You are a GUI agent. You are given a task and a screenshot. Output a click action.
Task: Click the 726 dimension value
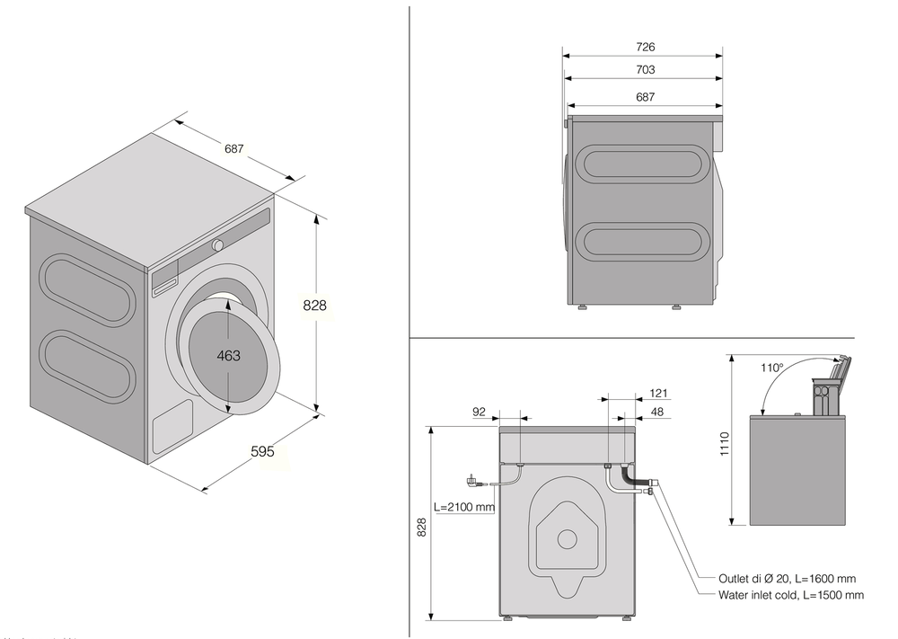pyautogui.click(x=644, y=47)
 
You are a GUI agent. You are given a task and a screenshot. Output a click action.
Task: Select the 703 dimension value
pyautogui.click(x=644, y=70)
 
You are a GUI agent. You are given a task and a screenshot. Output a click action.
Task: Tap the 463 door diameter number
pyautogui.click(x=229, y=356)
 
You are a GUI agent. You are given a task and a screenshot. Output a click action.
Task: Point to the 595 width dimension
pyautogui.click(x=261, y=452)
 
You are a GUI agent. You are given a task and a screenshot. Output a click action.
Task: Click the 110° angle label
pyautogui.click(x=770, y=368)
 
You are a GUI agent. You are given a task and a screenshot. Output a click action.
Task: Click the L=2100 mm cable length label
pyautogui.click(x=464, y=507)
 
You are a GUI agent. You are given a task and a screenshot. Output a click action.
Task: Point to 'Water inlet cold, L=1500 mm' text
pyautogui.click(x=790, y=595)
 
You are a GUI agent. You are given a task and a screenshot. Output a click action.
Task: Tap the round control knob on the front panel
pyautogui.click(x=218, y=245)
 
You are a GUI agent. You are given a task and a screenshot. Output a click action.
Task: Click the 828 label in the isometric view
pyautogui.click(x=314, y=306)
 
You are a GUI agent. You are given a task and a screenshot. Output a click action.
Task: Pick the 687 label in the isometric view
pyautogui.click(x=234, y=149)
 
